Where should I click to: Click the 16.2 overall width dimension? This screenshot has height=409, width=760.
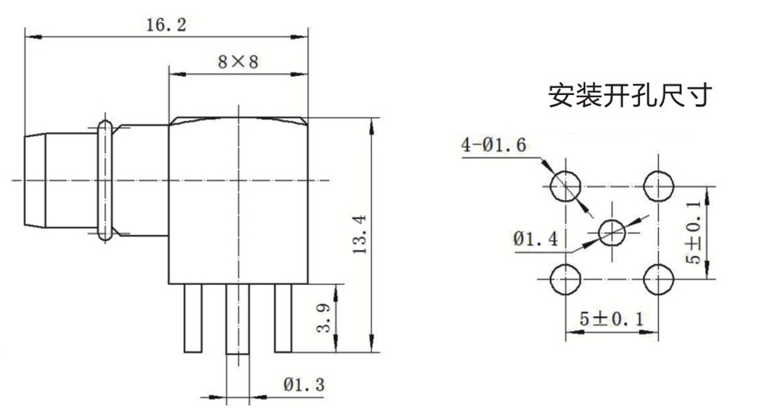pos(166,24)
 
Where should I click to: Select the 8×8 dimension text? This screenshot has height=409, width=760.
pos(238,63)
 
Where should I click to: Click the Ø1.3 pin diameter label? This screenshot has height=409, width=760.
pos(304,385)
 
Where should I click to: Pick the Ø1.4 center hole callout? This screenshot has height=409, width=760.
pos(536,239)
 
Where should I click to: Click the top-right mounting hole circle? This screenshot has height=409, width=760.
pos(659,184)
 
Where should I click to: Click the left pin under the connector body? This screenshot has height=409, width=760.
pos(192,317)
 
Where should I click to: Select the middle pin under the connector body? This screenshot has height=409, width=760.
pos(239,319)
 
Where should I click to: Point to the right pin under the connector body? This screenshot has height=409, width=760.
pos(283,317)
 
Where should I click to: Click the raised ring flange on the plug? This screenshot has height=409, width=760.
pos(105,180)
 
